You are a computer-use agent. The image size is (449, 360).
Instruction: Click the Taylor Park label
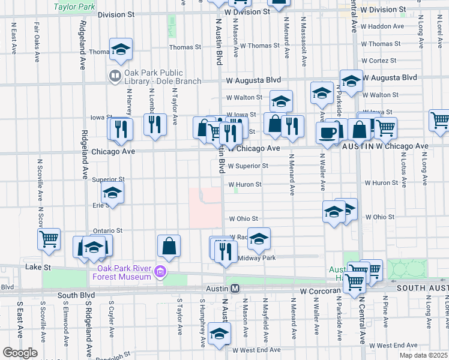[74, 7]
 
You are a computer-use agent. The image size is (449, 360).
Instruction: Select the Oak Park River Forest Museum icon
[160, 272]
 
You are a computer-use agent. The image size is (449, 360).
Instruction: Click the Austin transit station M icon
[236, 289]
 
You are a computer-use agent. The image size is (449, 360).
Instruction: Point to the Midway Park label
[256, 258]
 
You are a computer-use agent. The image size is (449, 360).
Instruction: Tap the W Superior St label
[247, 166]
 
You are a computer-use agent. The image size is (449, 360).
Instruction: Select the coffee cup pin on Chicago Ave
[328, 133]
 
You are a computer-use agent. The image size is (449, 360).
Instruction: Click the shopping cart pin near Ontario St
[49, 238]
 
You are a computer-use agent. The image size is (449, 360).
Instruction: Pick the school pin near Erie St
[112, 193]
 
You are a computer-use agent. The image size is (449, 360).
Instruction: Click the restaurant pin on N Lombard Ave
[155, 124]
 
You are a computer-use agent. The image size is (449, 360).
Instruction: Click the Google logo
[19, 353]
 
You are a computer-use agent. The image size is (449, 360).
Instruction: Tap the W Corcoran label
[320, 290]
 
